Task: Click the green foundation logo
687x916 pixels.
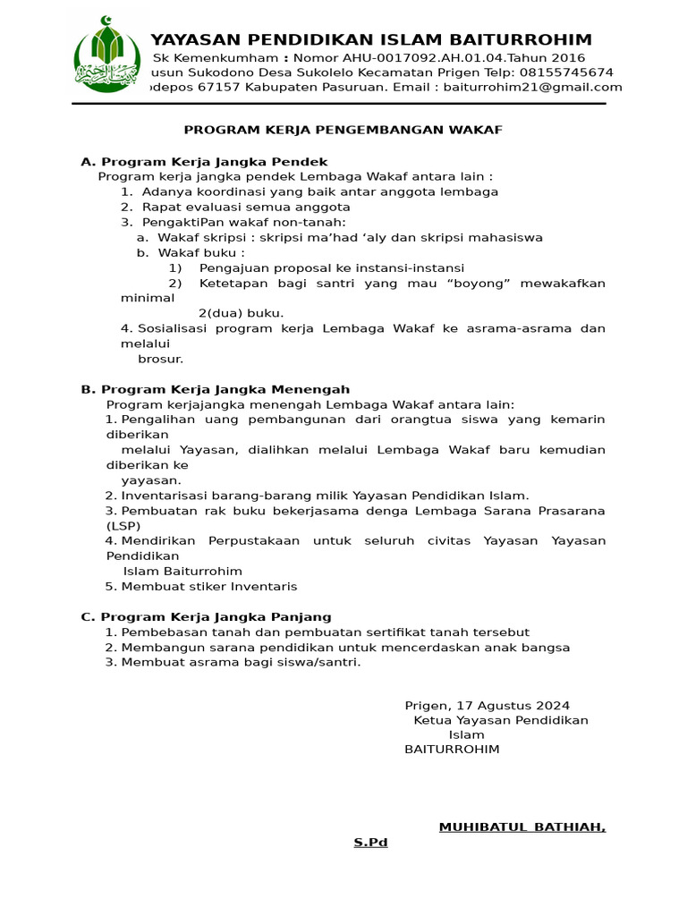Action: click(x=106, y=55)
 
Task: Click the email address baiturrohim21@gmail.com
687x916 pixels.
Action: click(x=532, y=87)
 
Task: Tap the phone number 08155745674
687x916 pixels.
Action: click(x=570, y=72)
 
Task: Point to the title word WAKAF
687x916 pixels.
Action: click(x=479, y=130)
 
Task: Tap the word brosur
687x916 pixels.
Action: click(x=160, y=359)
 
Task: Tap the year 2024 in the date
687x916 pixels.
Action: click(x=552, y=706)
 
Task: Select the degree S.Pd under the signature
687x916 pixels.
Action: click(x=370, y=842)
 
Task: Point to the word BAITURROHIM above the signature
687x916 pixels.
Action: click(x=452, y=749)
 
